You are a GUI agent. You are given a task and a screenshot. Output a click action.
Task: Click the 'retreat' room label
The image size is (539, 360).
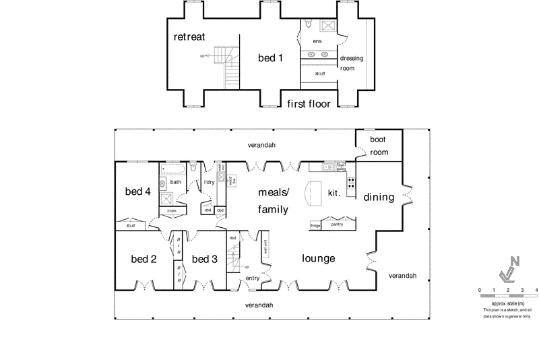pos(189,36)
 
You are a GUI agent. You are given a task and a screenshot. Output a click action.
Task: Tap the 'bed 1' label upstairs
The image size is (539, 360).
pos(270,58)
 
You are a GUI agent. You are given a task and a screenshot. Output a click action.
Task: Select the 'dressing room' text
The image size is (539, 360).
pos(351,63)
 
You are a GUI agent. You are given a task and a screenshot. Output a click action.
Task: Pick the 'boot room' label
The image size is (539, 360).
pos(379,146)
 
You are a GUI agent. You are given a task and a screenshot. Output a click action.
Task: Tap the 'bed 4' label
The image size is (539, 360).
pos(137,191)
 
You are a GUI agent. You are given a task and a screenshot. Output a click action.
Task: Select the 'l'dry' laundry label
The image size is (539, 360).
pos(209,182)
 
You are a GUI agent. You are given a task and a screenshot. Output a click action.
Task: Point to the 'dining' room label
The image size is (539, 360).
pos(378,198)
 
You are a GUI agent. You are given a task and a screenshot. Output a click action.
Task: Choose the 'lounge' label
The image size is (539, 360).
pos(318,258)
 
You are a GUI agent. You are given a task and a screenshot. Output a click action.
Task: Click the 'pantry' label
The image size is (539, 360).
pos(337,224)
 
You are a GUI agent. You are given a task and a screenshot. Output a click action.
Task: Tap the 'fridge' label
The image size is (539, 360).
pos(315,224)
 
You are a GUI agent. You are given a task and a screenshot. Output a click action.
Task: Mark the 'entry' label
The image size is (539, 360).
pos(253,278)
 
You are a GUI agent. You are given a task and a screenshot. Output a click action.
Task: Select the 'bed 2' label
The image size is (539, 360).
pos(144,259)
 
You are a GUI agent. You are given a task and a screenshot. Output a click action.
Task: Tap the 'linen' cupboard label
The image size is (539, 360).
pos(171,211)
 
